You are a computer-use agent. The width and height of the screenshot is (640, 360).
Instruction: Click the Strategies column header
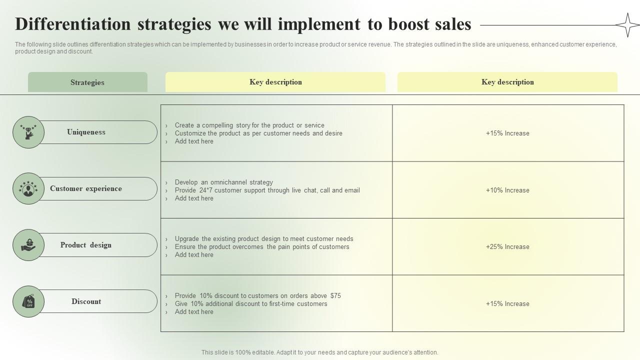87,82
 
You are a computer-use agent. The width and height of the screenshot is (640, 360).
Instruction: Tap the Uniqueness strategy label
86,132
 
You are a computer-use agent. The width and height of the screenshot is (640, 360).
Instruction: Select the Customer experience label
86,188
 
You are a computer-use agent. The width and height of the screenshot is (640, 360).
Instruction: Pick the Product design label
86,245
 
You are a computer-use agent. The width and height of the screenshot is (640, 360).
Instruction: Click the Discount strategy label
86,301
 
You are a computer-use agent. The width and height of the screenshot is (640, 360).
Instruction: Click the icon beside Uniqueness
28,132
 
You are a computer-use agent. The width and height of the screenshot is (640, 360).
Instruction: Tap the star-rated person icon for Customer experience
28,188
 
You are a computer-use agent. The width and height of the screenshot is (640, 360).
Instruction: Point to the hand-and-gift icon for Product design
28,245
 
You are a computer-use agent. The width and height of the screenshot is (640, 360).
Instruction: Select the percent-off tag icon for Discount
28,301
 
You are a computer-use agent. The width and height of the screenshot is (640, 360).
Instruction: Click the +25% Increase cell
507,246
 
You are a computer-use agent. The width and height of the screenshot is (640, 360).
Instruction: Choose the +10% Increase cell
507,190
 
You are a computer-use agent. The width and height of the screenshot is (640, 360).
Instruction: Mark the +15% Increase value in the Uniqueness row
507,133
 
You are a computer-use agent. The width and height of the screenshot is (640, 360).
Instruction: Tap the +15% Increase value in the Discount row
507,303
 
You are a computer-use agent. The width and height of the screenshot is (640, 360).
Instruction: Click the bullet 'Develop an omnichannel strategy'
224,182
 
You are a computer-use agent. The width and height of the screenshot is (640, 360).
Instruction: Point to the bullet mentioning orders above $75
257,295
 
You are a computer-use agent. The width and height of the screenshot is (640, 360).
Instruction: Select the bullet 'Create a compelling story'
249,125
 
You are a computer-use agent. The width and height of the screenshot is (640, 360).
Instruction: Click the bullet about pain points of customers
262,246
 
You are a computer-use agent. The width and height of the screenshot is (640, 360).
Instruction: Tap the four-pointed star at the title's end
627,25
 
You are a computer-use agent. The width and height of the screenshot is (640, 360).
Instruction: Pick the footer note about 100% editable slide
320,352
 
